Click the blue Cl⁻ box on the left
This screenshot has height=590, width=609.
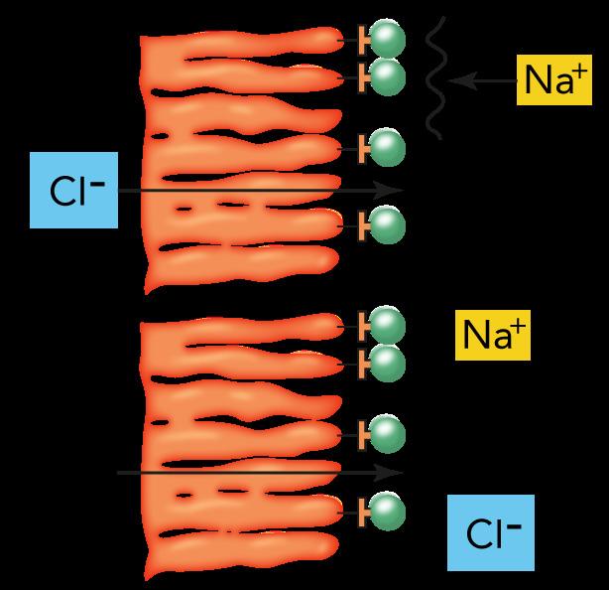(x=72, y=190)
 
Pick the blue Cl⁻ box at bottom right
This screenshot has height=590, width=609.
(x=490, y=532)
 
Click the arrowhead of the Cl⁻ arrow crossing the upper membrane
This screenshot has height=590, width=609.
(x=397, y=190)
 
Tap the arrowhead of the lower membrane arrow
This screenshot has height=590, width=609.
(x=397, y=473)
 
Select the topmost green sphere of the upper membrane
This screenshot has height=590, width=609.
(x=388, y=41)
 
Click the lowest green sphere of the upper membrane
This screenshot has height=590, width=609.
(x=388, y=226)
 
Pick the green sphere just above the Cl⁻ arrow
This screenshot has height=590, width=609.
(x=388, y=149)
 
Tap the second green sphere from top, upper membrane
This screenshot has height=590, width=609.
(x=388, y=76)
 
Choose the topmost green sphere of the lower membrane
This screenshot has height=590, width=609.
(x=388, y=325)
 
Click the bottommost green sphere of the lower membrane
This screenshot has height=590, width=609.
(x=388, y=512)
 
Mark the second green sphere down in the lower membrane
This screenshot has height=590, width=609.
(x=388, y=363)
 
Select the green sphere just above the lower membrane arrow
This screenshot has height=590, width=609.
(x=388, y=433)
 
